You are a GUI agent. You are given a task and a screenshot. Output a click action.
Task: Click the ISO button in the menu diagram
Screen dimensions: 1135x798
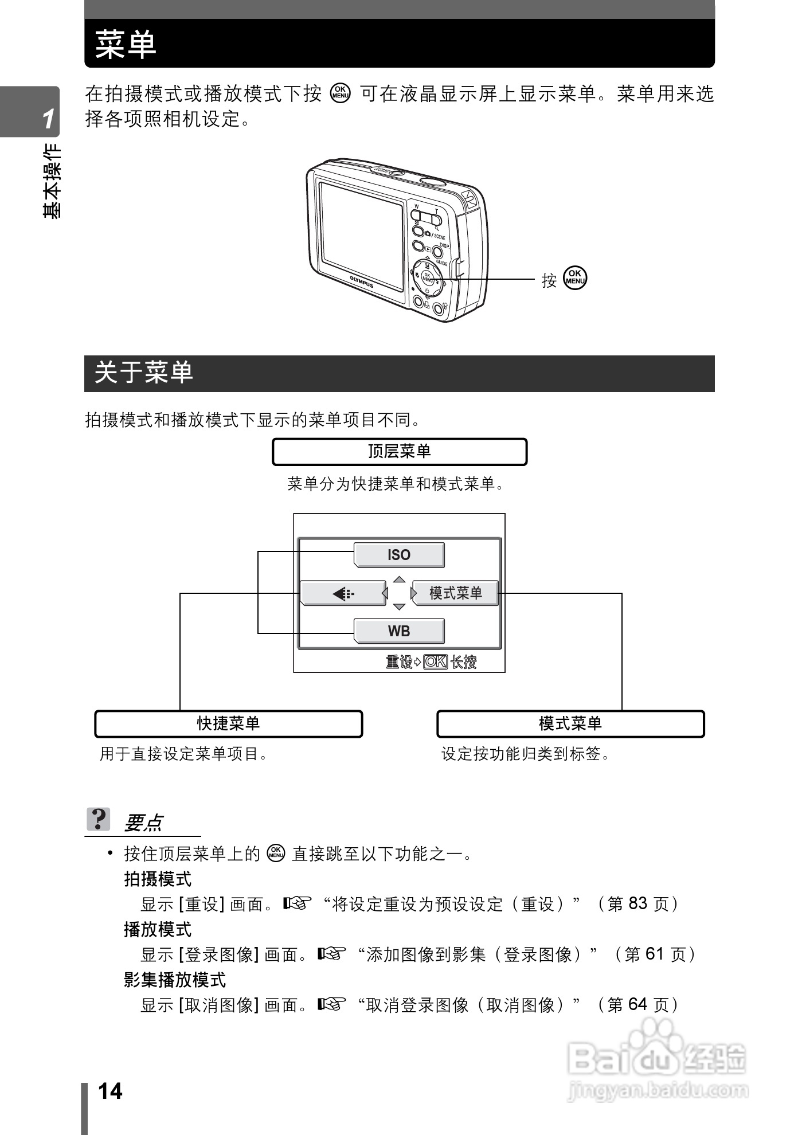(x=399, y=555)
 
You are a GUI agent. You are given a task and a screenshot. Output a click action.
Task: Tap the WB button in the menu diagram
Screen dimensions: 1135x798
(x=399, y=631)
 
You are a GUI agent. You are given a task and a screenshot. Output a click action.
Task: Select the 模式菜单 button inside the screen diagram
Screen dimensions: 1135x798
(x=456, y=593)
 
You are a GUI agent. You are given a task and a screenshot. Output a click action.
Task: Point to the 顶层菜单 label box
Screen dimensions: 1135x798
(x=399, y=452)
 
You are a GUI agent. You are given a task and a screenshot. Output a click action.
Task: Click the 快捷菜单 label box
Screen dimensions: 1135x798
(x=228, y=723)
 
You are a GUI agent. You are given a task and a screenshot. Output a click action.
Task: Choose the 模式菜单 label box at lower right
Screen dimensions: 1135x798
(x=570, y=723)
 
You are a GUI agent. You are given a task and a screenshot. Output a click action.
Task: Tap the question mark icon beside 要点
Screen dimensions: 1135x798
(x=98, y=819)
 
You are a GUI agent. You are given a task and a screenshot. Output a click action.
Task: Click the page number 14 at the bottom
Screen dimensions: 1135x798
(x=110, y=1091)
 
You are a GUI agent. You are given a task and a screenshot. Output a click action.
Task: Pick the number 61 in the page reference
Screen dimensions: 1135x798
(x=654, y=954)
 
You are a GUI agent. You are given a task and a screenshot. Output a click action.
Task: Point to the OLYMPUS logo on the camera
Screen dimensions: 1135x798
(x=362, y=281)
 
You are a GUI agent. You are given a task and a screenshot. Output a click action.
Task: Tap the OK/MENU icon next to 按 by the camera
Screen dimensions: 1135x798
(x=575, y=278)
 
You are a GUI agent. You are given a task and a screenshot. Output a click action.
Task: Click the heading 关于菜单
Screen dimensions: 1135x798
(x=144, y=373)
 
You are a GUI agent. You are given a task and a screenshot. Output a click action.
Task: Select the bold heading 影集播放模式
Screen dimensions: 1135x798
(x=175, y=980)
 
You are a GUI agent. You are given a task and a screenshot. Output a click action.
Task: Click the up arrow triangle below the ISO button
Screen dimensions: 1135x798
(x=400, y=580)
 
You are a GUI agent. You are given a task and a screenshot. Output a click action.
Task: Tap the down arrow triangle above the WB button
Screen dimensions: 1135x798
(x=400, y=607)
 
